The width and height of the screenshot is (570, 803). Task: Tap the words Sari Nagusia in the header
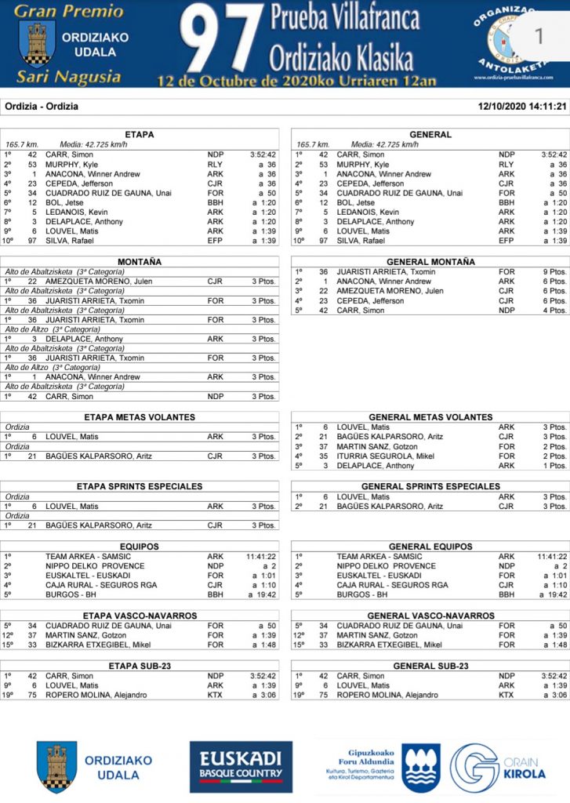pyautogui.click(x=69, y=77)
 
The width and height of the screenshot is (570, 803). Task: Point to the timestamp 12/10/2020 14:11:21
pyautogui.click(x=522, y=107)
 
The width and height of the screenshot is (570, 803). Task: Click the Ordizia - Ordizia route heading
pyautogui.click(x=42, y=107)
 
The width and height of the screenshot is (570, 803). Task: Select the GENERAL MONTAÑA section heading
pyautogui.click(x=430, y=262)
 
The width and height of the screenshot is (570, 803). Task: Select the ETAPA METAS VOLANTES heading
pyautogui.click(x=140, y=417)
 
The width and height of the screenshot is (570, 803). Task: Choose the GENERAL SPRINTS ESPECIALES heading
pyautogui.click(x=430, y=487)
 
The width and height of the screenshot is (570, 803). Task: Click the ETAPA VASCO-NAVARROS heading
pyautogui.click(x=140, y=616)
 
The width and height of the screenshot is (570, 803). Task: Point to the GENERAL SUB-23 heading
pyautogui.click(x=430, y=666)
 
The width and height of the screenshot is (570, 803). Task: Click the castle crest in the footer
pyautogui.click(x=56, y=767)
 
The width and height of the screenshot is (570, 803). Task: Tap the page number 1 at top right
pyautogui.click(x=538, y=36)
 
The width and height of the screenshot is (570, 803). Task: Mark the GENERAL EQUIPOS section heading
pyautogui.click(x=430, y=547)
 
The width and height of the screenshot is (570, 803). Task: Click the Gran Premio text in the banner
pyautogui.click(x=69, y=11)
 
